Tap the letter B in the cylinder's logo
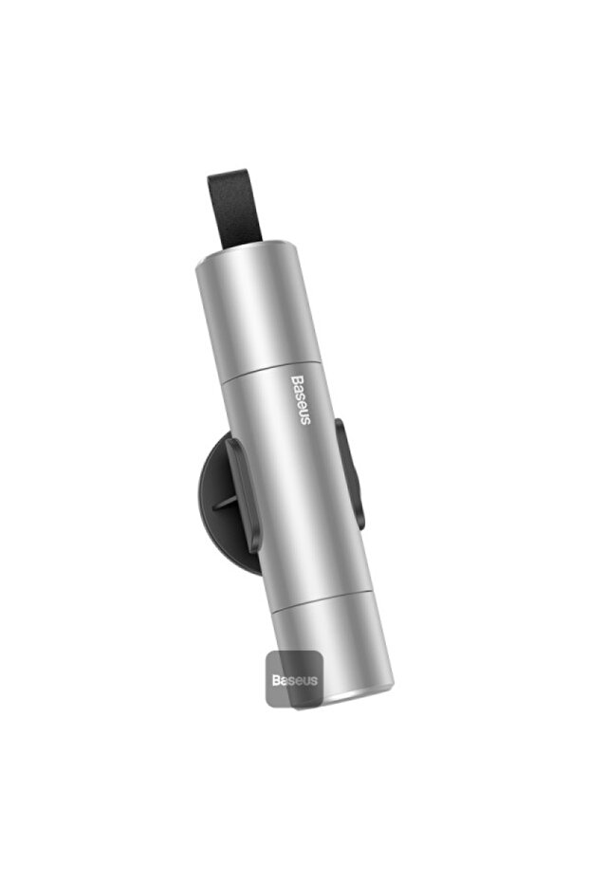coord(295,379)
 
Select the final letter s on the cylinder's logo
coord(305,421)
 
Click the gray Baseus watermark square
coord(294,679)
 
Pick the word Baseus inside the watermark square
coord(294,680)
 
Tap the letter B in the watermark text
coord(277,680)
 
